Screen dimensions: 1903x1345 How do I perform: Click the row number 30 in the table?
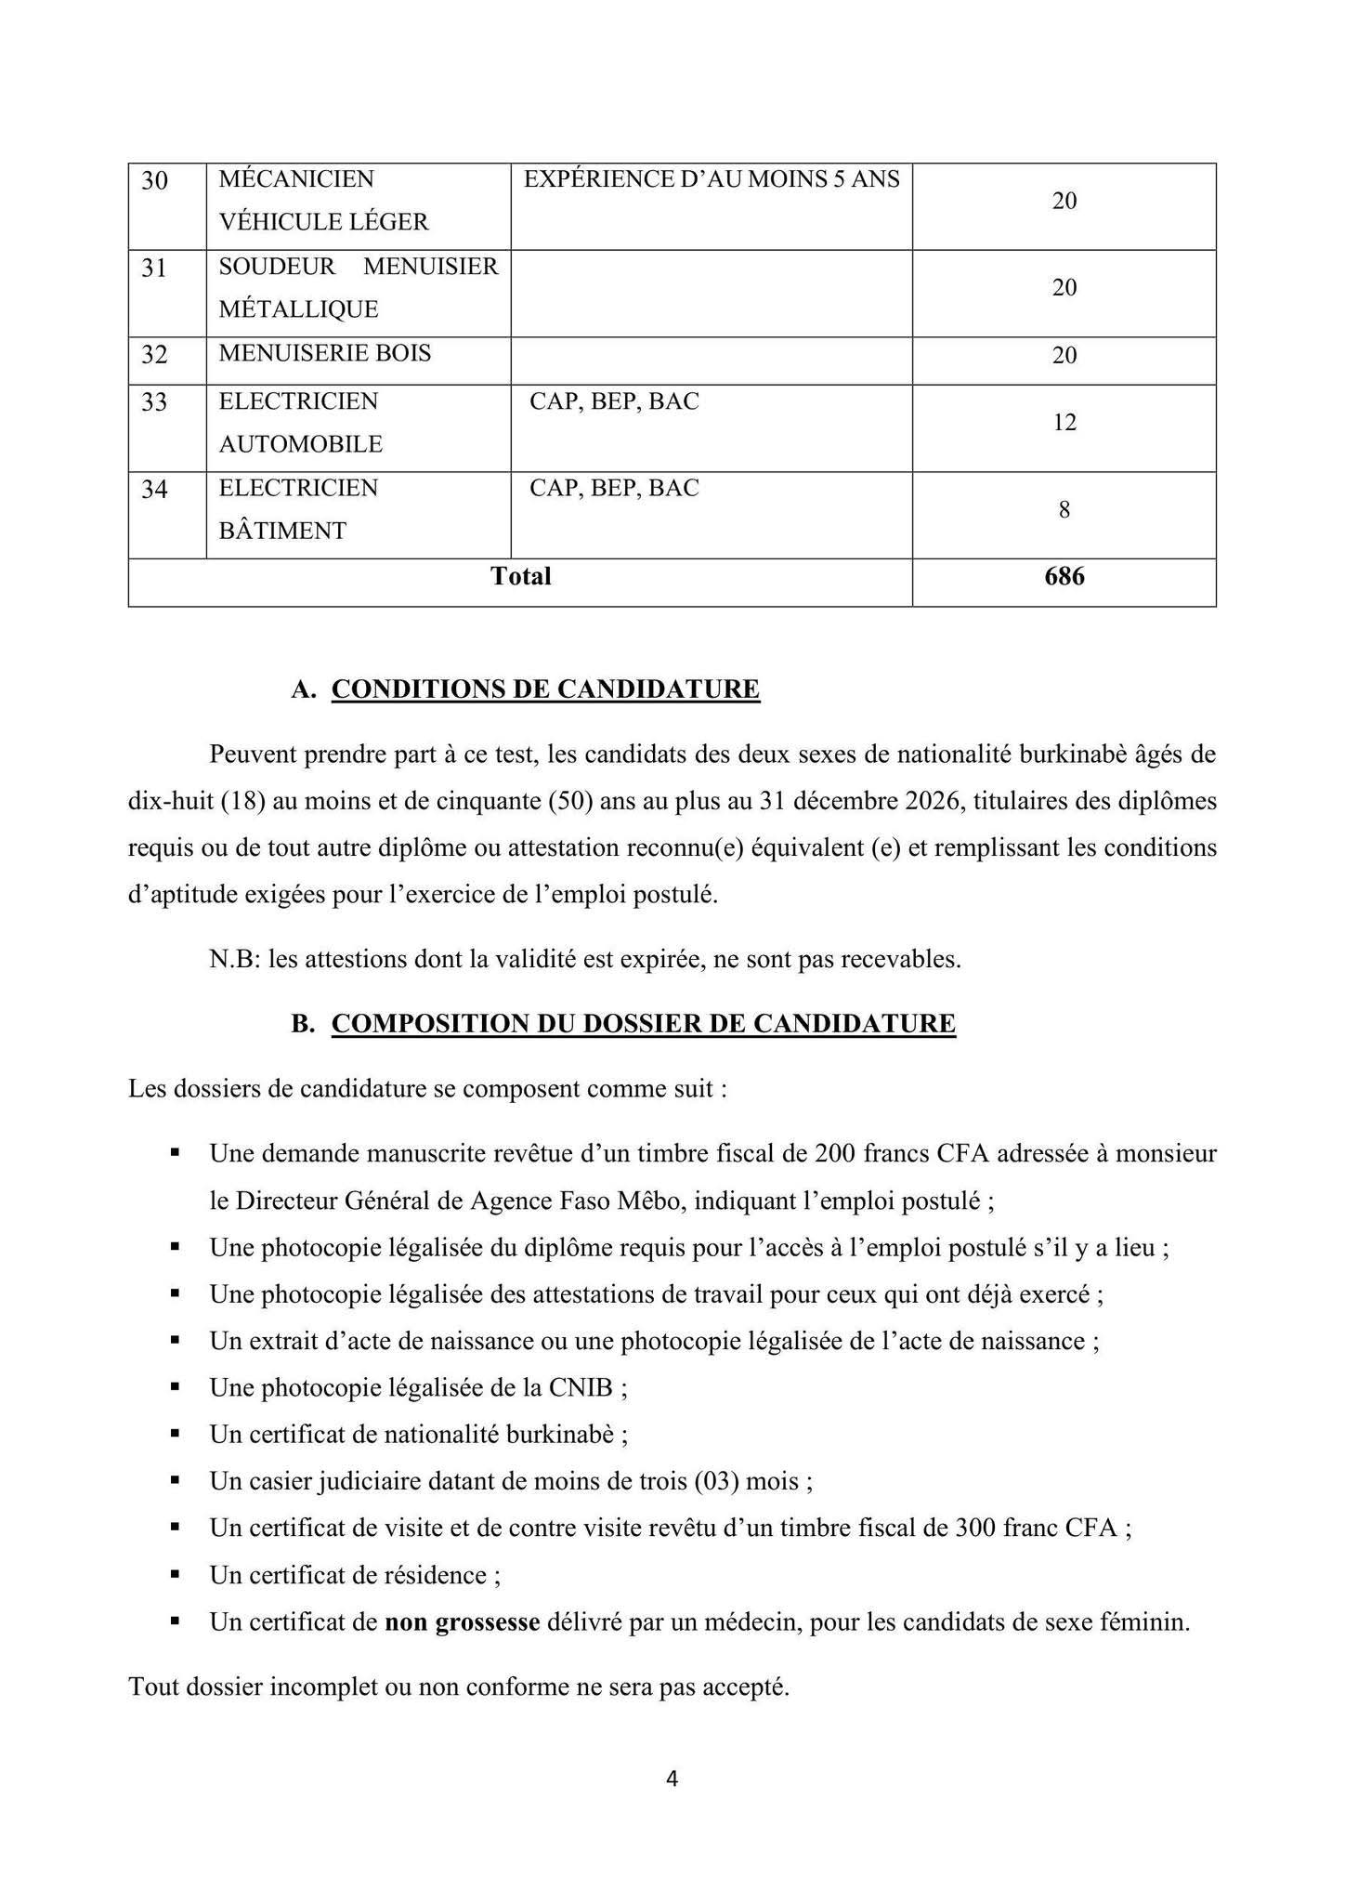pos(154,180)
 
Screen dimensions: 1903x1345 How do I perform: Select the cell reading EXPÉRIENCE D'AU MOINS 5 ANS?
pos(712,179)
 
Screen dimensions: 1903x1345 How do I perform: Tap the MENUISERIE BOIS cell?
pos(325,353)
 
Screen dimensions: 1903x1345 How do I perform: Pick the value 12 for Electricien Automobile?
pos(1064,423)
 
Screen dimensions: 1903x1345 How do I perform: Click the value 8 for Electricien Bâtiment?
pos(1064,509)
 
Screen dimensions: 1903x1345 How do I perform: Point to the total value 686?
pos(1064,577)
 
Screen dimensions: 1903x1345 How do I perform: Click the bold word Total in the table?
pos(520,577)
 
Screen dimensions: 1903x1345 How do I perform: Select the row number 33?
pos(154,402)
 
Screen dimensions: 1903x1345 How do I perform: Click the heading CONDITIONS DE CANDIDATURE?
pos(545,689)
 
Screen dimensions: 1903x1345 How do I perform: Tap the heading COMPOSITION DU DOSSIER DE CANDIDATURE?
pos(643,1024)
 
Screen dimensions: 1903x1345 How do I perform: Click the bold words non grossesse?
pos(463,1622)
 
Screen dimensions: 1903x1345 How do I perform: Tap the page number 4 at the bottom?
pos(672,1778)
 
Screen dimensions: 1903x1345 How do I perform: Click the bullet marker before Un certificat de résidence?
pos(175,1574)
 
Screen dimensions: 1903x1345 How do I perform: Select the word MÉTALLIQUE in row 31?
pos(298,309)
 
